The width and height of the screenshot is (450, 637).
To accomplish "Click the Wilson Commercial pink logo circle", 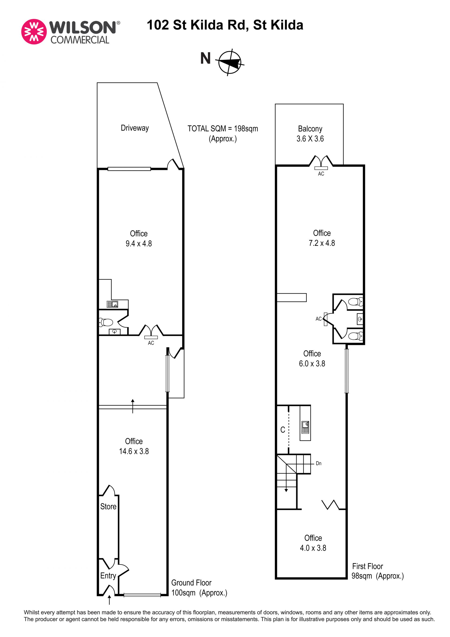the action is click(34, 32).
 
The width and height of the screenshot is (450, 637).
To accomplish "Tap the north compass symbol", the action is click(230, 62).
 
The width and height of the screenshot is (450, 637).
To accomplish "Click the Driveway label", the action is click(135, 128).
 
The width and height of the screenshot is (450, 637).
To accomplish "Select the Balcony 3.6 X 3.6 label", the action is click(310, 134).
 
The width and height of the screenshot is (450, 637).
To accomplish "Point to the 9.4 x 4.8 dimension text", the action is click(139, 243).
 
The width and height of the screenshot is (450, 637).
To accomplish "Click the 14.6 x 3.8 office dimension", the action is click(134, 451).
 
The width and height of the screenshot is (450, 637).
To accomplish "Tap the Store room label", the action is click(108, 506).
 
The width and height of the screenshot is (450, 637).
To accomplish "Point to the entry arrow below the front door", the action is click(109, 600).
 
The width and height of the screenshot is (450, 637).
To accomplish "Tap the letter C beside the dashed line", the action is click(283, 430).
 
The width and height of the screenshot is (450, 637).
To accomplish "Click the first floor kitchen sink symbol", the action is click(305, 427).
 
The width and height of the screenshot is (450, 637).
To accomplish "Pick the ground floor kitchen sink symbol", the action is click(112, 304).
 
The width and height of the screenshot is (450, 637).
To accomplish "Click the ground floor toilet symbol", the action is click(106, 322).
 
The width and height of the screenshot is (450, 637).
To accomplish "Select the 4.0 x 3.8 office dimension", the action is click(313, 548).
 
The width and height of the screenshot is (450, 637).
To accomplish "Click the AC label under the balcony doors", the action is click(321, 174).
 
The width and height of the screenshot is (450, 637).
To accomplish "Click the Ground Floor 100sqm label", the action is click(199, 588).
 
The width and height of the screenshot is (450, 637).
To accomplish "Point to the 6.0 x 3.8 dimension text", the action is click(312, 363).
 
